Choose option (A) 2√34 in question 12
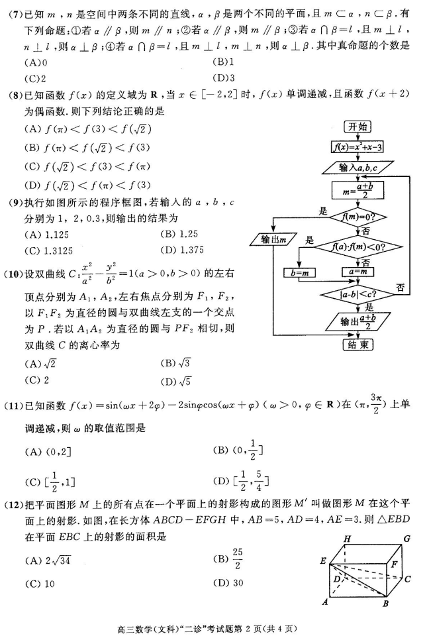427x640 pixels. (x=48, y=560)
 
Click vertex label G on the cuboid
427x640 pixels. (x=408, y=539)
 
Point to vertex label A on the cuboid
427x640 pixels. (x=325, y=602)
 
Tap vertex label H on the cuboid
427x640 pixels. (x=346, y=539)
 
